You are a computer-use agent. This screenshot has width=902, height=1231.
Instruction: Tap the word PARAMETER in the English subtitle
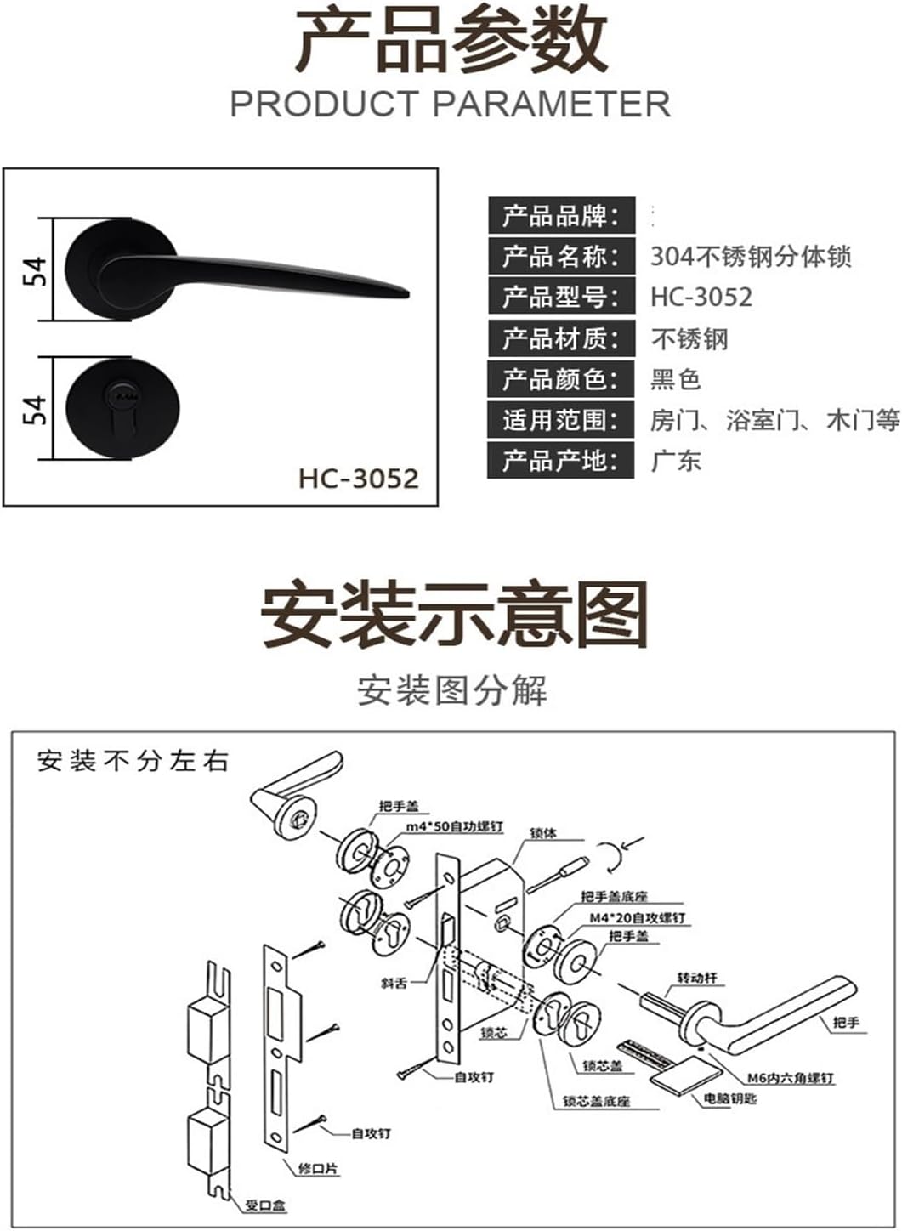[551, 104]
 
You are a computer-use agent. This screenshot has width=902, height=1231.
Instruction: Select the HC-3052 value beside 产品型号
[701, 297]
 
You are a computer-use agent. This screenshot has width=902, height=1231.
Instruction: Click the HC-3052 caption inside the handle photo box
[359, 478]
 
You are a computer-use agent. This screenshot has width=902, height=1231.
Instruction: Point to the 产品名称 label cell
[561, 256]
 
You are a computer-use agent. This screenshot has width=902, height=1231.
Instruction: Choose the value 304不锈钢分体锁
[751, 256]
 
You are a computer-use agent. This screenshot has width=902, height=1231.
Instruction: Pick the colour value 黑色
[676, 379]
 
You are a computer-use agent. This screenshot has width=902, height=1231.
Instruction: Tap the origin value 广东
[676, 461]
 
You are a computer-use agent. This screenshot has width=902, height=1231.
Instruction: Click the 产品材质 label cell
[561, 338]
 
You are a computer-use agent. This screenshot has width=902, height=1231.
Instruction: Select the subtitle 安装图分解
[451, 690]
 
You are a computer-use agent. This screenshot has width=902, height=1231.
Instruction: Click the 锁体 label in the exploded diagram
[542, 833]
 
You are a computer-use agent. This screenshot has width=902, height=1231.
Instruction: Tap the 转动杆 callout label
[697, 978]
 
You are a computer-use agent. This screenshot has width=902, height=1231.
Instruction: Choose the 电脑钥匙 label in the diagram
[730, 1099]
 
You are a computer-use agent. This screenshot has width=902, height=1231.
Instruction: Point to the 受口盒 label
[265, 1205]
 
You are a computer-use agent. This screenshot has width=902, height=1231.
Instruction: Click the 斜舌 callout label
[394, 984]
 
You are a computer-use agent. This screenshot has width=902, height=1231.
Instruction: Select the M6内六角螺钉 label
[791, 1078]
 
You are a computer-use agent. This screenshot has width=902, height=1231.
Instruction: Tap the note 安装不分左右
[133, 761]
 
